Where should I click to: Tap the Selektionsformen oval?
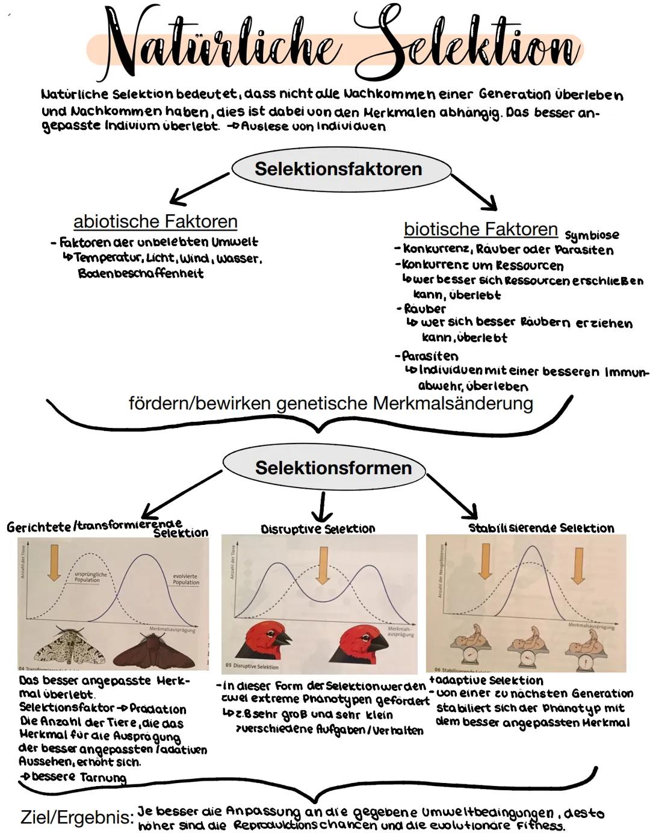point(333,468)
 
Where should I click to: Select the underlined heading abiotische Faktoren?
point(155,221)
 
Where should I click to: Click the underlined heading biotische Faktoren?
point(481,229)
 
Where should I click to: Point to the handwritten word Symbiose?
point(592,235)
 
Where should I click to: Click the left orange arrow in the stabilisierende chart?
point(484,560)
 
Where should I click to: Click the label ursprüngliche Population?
point(90,577)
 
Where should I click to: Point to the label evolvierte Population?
point(185,579)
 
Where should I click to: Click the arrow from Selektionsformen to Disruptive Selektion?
point(322,507)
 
